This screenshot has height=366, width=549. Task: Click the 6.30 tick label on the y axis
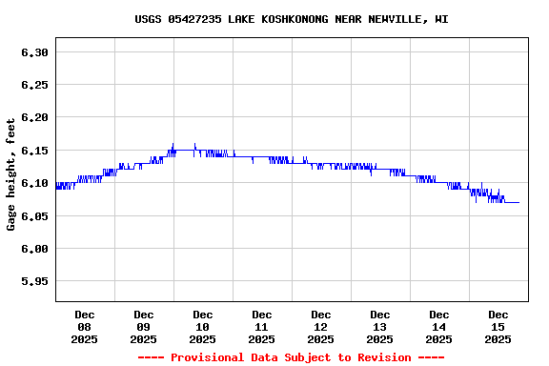[34, 52]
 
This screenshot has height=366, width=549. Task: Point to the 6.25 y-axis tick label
[34, 85]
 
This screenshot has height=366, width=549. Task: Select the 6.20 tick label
[34, 117]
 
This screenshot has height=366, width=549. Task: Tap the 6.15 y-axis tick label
[34, 151]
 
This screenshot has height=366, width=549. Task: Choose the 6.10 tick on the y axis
[34, 183]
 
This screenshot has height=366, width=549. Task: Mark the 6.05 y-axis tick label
[34, 215]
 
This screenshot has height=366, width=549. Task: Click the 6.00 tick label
[34, 249]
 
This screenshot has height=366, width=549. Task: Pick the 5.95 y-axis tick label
[34, 281]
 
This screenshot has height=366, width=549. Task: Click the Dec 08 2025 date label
[85, 327]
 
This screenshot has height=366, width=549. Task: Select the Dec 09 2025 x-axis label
[144, 327]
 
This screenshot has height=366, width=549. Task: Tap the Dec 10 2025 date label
[203, 327]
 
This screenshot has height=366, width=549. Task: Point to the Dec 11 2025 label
[262, 327]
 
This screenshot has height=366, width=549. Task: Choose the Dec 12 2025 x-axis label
[321, 327]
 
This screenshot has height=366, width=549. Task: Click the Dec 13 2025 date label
[380, 327]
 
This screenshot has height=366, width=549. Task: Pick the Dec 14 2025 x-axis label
[439, 327]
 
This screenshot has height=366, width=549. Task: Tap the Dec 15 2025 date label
[498, 327]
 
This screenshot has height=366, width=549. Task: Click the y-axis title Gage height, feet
[11, 174]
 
